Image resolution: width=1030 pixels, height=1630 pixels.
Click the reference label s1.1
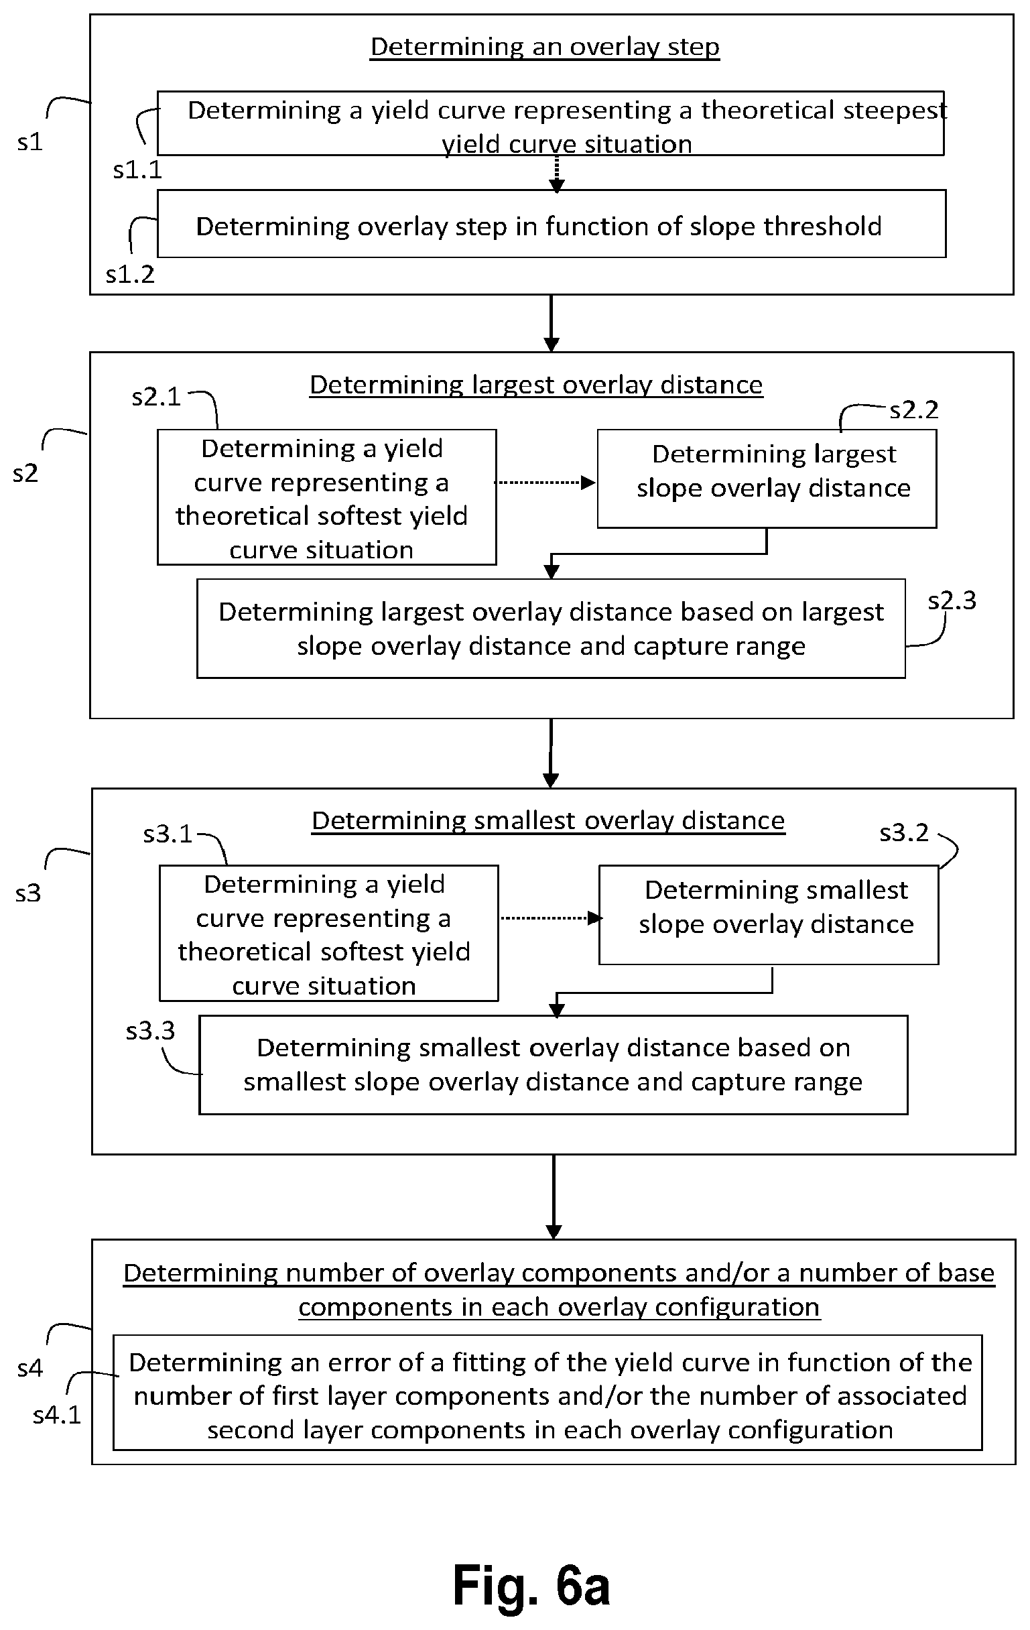coord(137,170)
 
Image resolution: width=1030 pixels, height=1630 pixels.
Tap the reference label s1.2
coord(130,274)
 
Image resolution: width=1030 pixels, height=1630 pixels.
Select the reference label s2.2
coord(913,410)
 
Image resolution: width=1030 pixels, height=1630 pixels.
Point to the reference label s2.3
coord(952,601)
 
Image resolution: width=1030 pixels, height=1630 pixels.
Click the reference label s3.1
coord(168,834)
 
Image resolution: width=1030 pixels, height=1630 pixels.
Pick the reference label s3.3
coord(150,1031)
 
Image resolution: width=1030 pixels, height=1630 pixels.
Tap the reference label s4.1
coord(57,1415)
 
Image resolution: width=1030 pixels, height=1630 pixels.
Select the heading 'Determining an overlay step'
coord(545,47)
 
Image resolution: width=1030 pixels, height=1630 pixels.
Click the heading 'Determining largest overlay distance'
coord(536,385)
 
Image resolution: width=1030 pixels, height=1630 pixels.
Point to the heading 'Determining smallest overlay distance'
coord(548,820)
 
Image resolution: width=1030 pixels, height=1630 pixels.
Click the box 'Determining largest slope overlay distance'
coord(767,479)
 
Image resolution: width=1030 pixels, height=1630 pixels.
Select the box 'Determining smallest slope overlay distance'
coord(769,914)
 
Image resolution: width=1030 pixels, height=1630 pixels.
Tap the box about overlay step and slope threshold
coord(552,223)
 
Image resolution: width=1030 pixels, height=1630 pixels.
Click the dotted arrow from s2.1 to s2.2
coord(545,483)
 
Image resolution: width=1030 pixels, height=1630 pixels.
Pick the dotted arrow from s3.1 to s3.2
coord(551,918)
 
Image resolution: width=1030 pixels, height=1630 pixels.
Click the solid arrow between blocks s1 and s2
coord(552,323)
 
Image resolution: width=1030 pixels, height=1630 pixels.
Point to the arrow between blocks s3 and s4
coord(554,1197)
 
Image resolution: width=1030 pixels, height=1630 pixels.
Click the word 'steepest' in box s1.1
coord(891,111)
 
